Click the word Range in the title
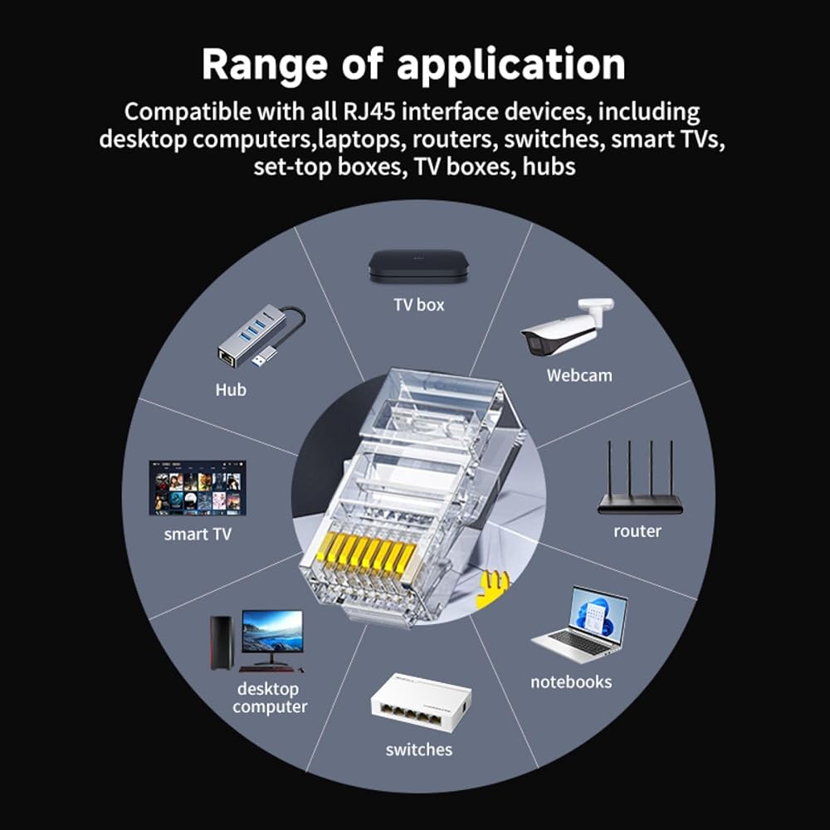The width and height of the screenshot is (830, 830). pos(264,65)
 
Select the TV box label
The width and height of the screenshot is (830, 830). pos(418,305)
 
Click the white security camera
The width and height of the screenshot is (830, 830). pos(566,326)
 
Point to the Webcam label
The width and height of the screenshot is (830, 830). pos(579,375)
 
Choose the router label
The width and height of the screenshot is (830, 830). pos(637,531)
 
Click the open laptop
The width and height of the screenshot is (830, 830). pos(579,625)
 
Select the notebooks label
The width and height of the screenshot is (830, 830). pos(571,681)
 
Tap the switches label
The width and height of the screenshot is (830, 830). pos(418,749)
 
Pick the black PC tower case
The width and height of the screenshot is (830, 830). pos(222,642)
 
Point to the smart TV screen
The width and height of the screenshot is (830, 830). pos(198,487)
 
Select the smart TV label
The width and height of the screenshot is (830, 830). pos(198,534)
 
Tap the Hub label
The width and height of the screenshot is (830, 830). pos(231,390)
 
